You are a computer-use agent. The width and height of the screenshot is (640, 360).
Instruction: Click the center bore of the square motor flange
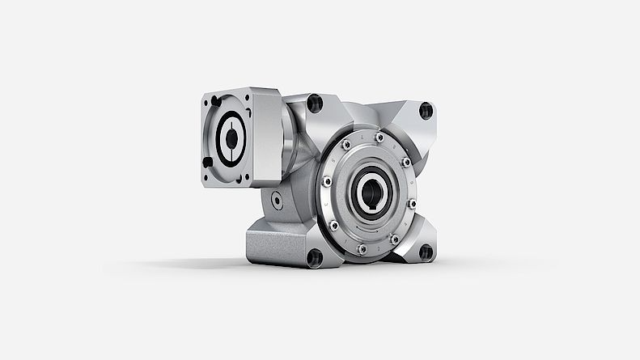click(x=231, y=139)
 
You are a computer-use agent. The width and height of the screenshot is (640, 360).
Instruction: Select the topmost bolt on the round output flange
click(x=379, y=138)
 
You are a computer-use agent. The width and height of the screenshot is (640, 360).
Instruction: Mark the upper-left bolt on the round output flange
click(x=345, y=145)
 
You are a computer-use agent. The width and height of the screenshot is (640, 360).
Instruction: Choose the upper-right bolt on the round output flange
click(x=405, y=162)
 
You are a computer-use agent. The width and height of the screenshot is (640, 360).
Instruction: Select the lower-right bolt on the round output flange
click(x=395, y=239)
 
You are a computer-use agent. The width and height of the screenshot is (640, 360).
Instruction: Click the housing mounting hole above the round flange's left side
click(x=316, y=103)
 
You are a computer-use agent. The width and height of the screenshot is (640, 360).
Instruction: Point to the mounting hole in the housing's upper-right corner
click(x=426, y=111)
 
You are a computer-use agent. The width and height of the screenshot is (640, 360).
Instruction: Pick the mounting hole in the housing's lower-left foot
click(x=315, y=257)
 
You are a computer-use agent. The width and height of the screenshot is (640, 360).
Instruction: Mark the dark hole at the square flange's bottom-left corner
click(x=208, y=162)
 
